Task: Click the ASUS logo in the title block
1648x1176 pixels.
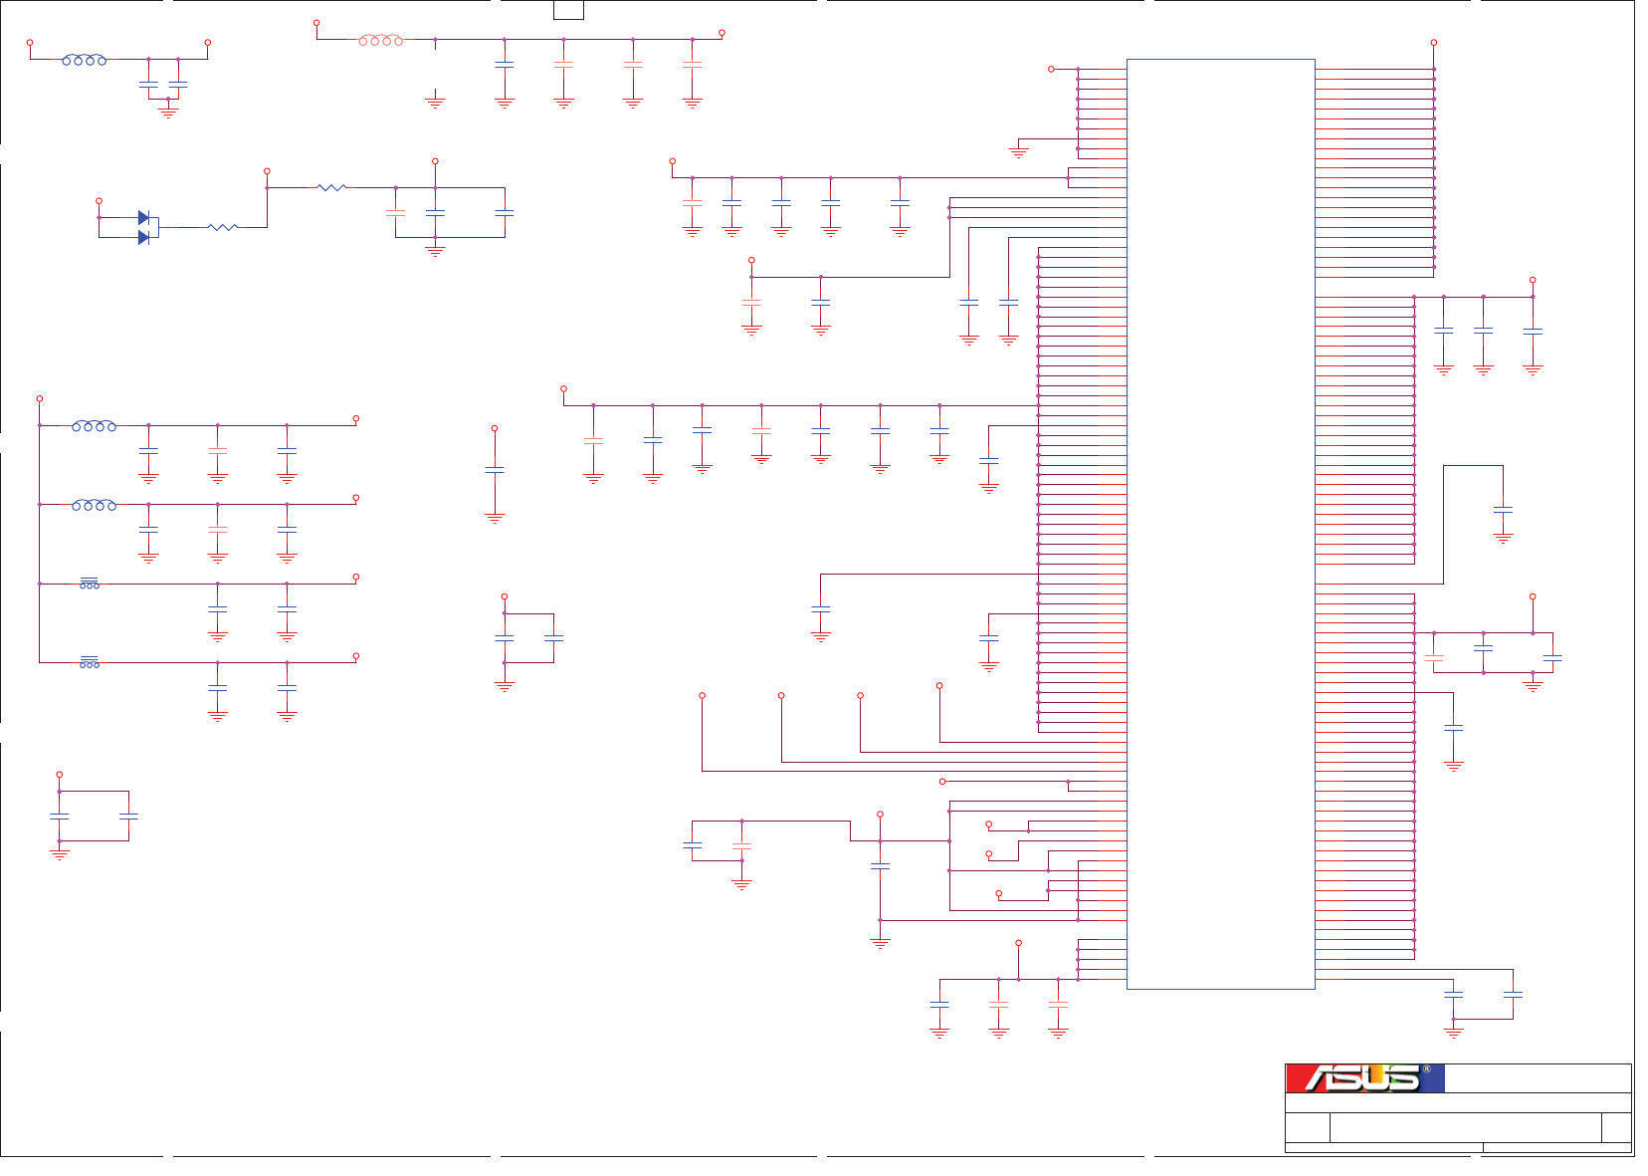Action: tap(1362, 1078)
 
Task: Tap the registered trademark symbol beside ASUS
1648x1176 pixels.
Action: tap(1426, 1069)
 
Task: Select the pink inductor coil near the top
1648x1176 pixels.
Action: tap(381, 40)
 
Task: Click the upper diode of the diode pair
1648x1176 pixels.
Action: tap(143, 217)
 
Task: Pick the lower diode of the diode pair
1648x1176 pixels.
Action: tap(143, 237)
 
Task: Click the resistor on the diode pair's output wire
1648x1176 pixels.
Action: tap(223, 227)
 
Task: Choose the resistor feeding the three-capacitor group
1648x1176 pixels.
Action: tap(331, 187)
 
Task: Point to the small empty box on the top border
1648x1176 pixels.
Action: tap(568, 10)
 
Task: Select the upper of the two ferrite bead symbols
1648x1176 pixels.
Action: tap(90, 583)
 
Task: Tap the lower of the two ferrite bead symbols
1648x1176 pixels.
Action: tap(90, 662)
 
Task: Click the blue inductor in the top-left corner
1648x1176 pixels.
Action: tap(85, 60)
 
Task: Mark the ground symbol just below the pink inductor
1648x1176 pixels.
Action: tap(435, 102)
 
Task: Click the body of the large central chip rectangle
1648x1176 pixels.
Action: tap(1220, 524)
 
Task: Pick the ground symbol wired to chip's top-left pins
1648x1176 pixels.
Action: tap(1018, 153)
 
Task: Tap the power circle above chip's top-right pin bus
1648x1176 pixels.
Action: tap(1434, 43)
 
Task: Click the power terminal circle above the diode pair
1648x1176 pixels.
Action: tap(99, 201)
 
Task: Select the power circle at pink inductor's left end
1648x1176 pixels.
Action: tap(316, 23)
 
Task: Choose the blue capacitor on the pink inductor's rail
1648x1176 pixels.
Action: tap(505, 64)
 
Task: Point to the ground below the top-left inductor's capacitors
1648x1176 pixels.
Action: tap(168, 113)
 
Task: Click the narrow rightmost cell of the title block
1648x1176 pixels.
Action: tap(1616, 1127)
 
